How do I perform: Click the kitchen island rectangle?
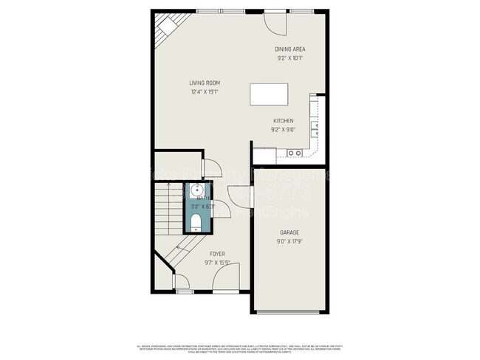[x=270, y=95]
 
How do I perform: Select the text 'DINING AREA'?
[x=290, y=49]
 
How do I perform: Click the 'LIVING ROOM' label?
[x=205, y=83]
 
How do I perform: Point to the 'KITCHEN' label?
[x=283, y=121]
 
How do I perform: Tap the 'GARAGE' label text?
[x=289, y=232]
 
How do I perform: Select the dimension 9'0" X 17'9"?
[x=289, y=240]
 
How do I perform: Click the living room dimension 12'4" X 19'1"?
[x=205, y=91]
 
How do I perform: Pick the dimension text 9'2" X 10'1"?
[x=290, y=58]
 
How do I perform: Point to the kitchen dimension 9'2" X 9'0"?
[x=283, y=129]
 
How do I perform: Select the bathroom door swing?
[x=220, y=209]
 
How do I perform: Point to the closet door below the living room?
[x=210, y=167]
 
